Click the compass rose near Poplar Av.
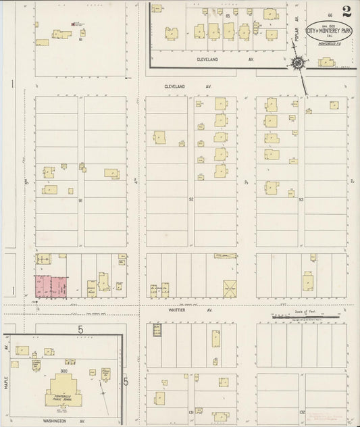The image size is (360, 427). (x=297, y=64)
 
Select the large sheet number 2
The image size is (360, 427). (x=346, y=11)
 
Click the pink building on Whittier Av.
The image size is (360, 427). (x=52, y=286)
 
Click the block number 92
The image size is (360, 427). (x=191, y=200)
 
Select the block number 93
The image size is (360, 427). (x=301, y=200)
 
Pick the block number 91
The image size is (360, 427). (x=80, y=200)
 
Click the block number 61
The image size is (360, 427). (x=80, y=39)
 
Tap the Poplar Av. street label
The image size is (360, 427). (x=296, y=39)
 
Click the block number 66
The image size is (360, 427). (x=330, y=15)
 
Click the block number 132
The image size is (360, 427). (x=303, y=411)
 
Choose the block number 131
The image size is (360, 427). (x=191, y=411)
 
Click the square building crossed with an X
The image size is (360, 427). (x=230, y=288)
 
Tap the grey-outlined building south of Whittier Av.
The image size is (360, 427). (x=157, y=330)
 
